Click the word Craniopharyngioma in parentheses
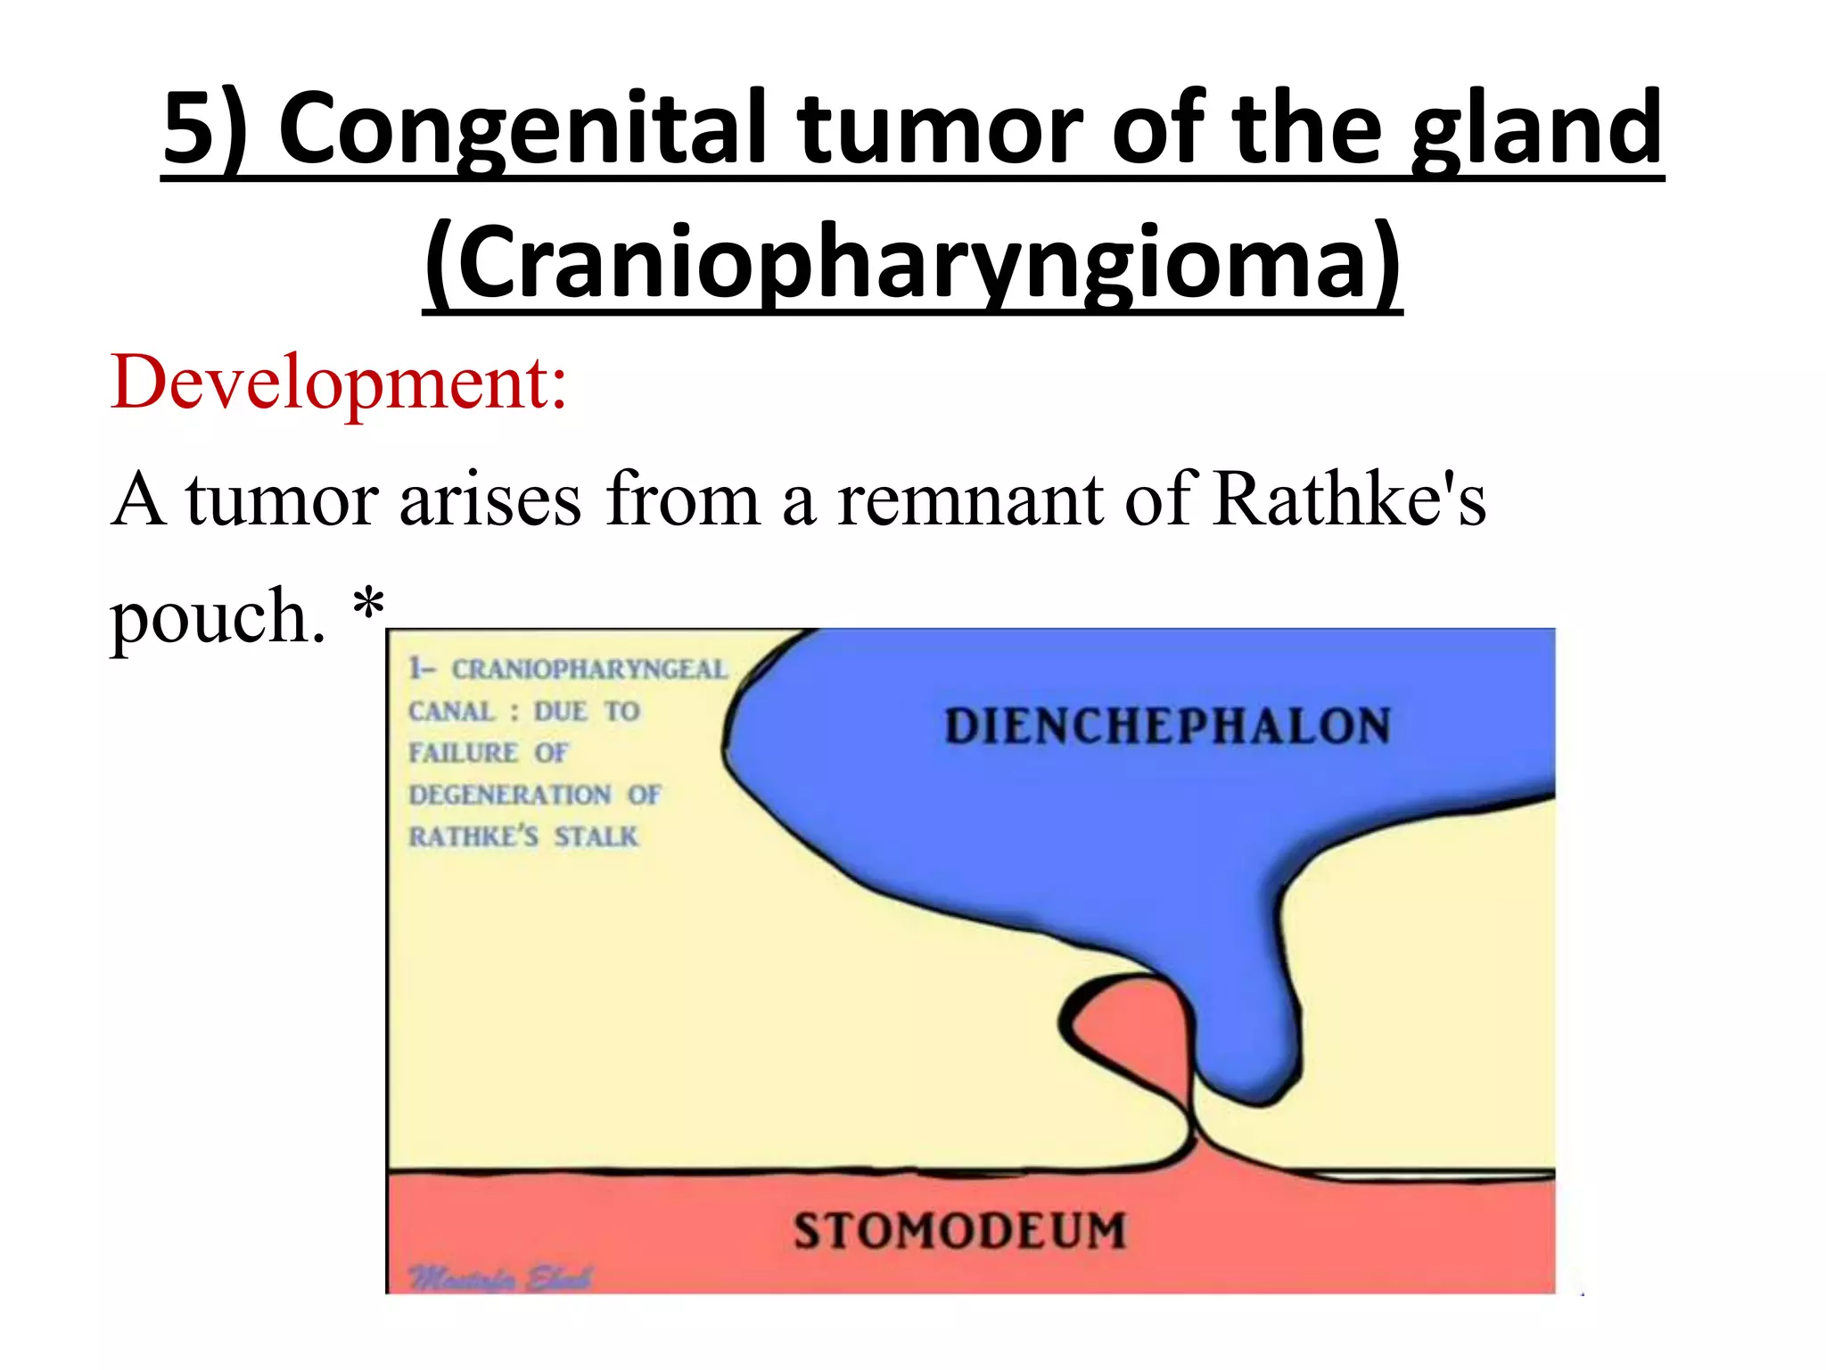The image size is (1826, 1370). click(912, 263)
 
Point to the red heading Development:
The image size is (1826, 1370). click(339, 384)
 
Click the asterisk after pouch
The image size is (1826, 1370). click(368, 607)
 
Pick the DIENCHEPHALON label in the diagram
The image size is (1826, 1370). click(1167, 726)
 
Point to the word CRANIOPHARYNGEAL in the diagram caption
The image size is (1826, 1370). click(589, 669)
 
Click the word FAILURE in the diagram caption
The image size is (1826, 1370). click(463, 753)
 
